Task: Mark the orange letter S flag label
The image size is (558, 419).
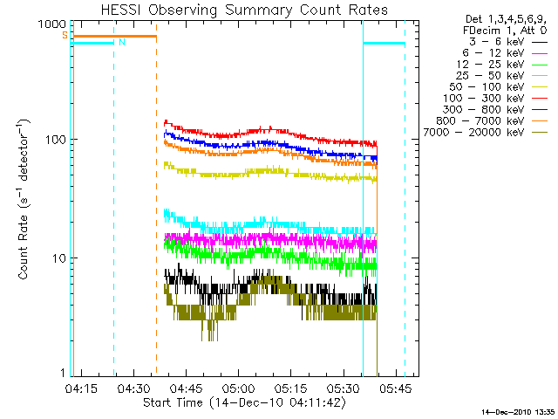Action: [64, 36]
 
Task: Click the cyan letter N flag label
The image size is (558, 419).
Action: [122, 42]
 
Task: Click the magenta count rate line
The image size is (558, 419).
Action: [262, 237]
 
